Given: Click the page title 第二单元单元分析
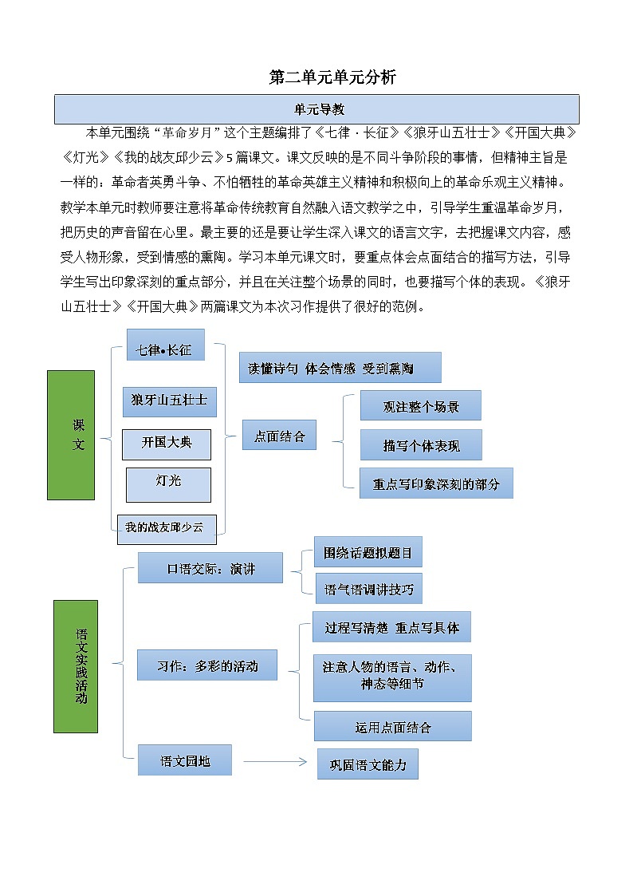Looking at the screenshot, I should click(x=332, y=77).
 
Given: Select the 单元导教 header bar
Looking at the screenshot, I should click(x=316, y=109).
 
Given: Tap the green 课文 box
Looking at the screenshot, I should click(x=71, y=435).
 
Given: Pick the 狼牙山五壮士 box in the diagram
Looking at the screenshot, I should click(x=169, y=400).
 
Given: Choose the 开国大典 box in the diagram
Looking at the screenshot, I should click(x=167, y=444).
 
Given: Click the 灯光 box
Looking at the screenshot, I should click(x=168, y=484).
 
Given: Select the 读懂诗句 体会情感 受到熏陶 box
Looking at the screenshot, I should click(x=340, y=368).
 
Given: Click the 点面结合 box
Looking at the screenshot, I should click(x=279, y=436).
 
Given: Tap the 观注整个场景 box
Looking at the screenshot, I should click(x=421, y=405).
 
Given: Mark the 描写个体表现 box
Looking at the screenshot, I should click(x=421, y=444).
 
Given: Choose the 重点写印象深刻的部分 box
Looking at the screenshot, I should click(x=436, y=484).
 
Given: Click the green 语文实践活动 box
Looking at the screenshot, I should click(x=76, y=666).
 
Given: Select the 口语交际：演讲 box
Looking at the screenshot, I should click(x=210, y=568).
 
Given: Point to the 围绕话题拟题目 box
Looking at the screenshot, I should click(x=368, y=551).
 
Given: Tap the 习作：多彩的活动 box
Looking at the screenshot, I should click(x=207, y=665).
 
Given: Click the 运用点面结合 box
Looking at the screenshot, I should click(x=392, y=726).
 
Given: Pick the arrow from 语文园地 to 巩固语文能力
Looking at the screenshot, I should click(x=274, y=761).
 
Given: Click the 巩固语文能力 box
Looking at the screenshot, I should click(x=368, y=764).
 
